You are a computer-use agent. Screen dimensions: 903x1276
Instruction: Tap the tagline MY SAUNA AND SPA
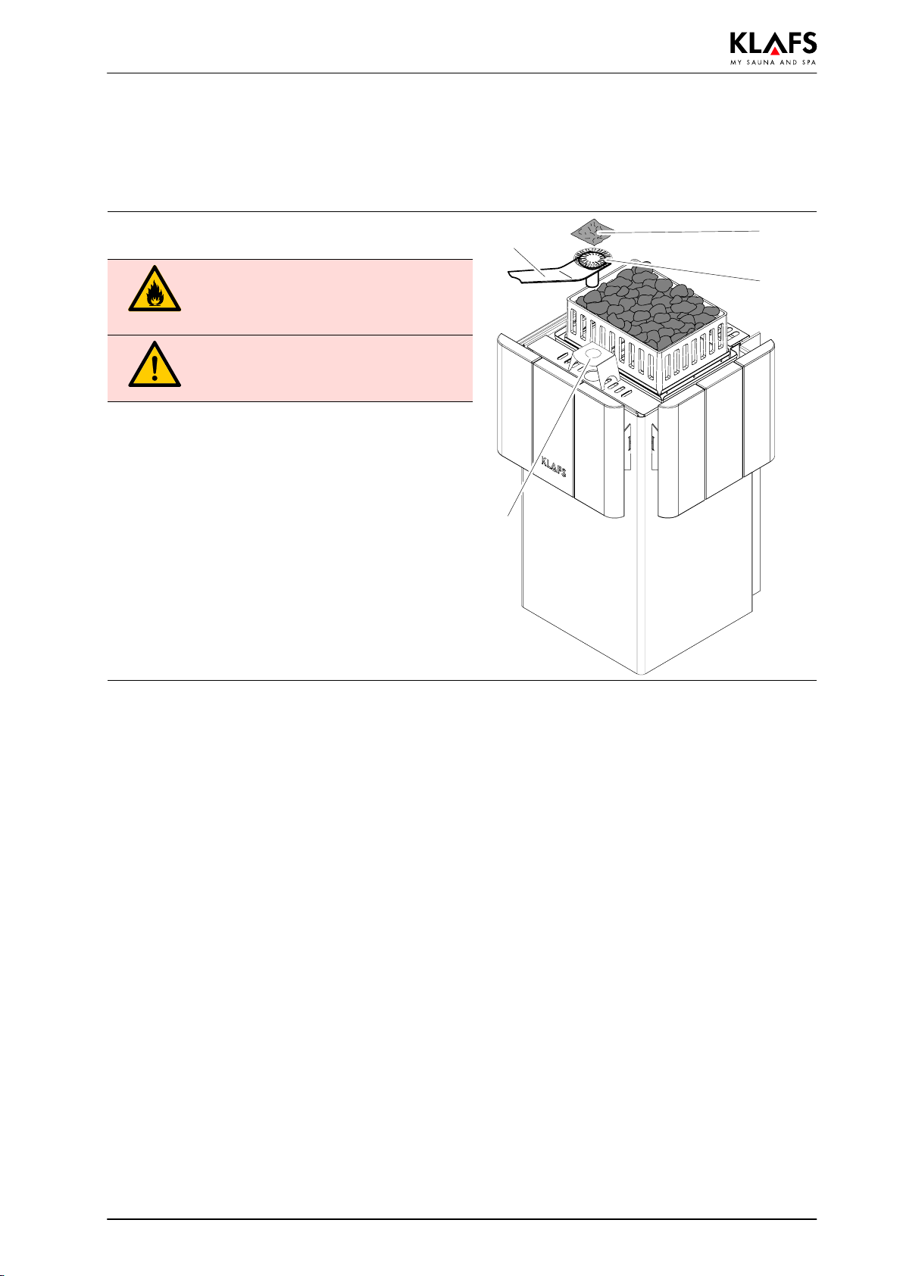click(x=773, y=62)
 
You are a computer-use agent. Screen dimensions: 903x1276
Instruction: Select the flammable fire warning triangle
click(x=155, y=290)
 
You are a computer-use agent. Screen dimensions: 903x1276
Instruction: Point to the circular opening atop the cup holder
click(x=593, y=354)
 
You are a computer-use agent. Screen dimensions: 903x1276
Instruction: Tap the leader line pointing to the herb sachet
click(x=682, y=231)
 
